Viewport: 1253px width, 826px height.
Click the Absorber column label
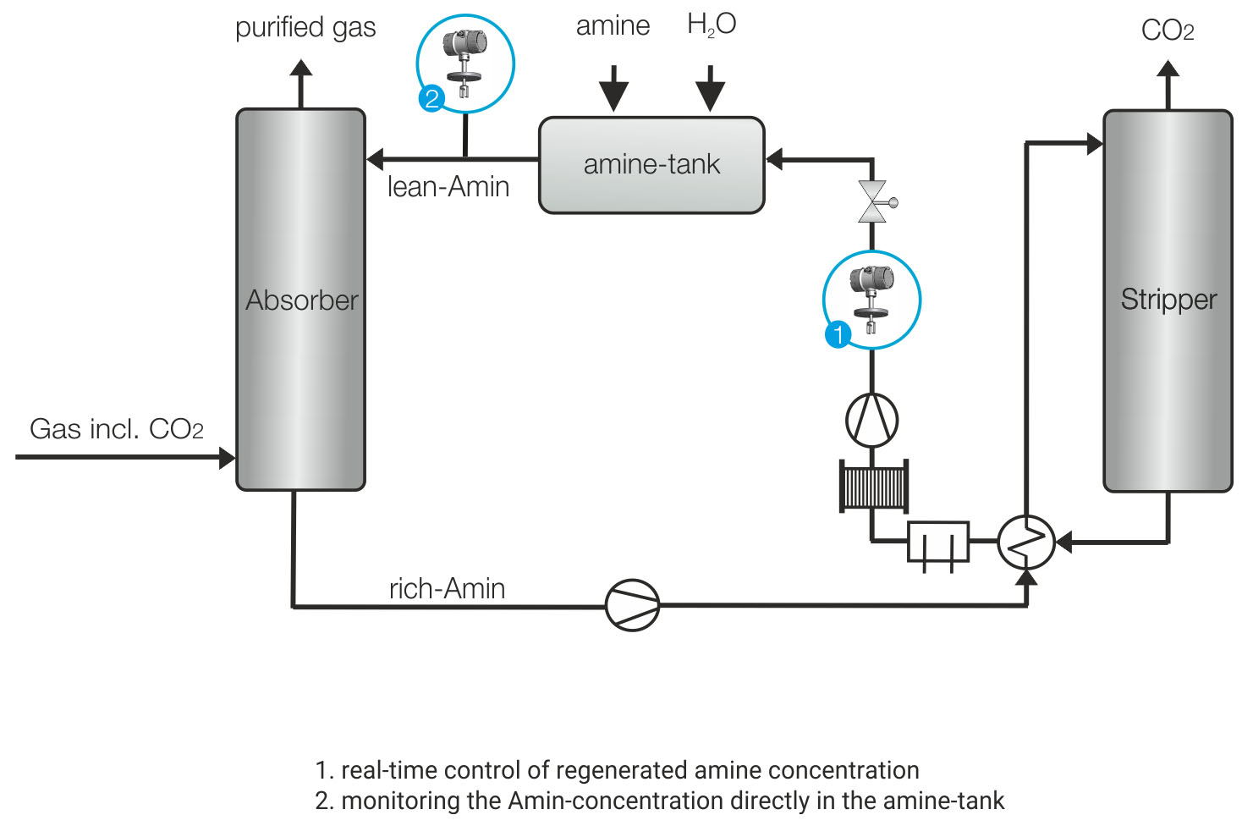(302, 300)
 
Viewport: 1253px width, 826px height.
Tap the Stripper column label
(1168, 300)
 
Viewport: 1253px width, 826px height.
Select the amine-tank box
(651, 164)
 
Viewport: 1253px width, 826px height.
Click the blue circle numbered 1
(838, 334)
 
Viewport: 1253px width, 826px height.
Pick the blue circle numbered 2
(431, 99)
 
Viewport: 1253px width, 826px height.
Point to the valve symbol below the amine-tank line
(872, 201)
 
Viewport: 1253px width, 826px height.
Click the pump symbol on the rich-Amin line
(632, 605)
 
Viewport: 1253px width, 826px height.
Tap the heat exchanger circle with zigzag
(1026, 542)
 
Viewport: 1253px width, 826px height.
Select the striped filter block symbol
(874, 486)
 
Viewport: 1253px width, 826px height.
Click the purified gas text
(305, 28)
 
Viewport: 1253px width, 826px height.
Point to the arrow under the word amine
(614, 87)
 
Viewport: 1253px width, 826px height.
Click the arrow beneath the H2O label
(711, 87)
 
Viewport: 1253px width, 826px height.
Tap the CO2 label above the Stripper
(1168, 31)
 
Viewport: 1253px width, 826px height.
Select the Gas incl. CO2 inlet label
(117, 429)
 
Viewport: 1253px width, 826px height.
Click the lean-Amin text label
(448, 187)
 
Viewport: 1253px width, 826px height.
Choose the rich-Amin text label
(447, 588)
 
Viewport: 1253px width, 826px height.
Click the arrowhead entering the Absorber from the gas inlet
(227, 458)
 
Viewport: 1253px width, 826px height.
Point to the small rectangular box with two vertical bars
(938, 542)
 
